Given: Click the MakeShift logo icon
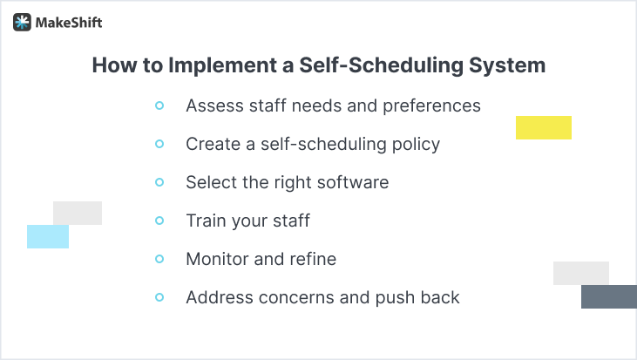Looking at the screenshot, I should pos(22,23).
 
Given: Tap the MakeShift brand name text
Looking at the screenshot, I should pos(69,23).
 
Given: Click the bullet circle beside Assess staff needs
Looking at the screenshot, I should pos(159,105).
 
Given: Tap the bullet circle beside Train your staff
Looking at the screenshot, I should pos(159,221).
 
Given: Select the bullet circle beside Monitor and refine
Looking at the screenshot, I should pos(159,259).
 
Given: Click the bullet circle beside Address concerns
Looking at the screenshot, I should pos(159,297).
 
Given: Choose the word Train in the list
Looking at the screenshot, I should pos(206,221).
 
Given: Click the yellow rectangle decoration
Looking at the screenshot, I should pos(543,127).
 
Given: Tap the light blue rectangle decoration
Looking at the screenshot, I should pos(47,236).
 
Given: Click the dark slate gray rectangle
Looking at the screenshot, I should pos(608,296).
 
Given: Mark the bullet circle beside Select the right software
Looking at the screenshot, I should pos(159,182).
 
